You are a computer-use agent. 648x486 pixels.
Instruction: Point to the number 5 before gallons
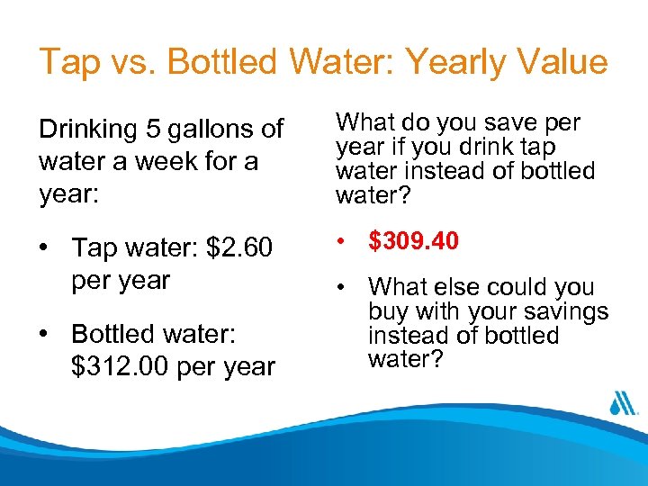click(146, 130)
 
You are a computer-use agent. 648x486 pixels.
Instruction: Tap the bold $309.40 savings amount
click(414, 241)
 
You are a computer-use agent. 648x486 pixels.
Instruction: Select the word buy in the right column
click(388, 312)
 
